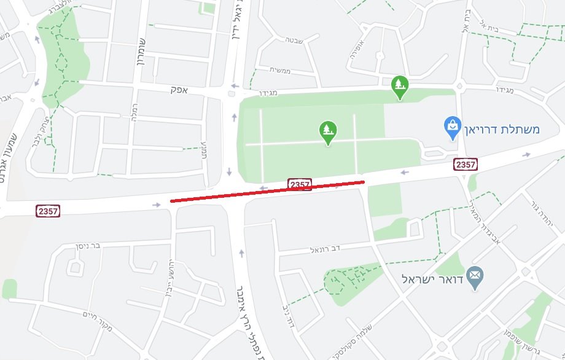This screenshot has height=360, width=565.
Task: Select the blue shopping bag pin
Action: coord(453,127)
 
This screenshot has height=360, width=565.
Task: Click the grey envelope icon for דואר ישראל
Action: coord(475,278)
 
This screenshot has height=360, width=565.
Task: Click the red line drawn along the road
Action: coord(267,191)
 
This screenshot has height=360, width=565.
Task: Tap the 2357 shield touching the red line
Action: coord(300,184)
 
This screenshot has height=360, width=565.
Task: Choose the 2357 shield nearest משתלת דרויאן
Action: coord(466,164)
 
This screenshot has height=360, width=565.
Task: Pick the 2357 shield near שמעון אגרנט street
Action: coord(48,211)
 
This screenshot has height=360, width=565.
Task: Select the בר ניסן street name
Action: coord(87,246)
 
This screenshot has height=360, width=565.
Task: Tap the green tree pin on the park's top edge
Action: coord(400,87)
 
